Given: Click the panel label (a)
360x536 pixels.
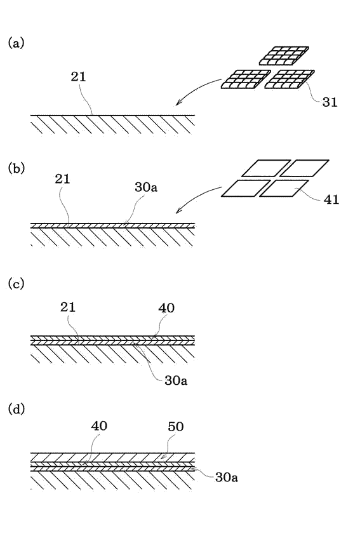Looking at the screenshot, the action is click(x=16, y=43).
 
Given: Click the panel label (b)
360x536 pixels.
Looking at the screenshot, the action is click(x=17, y=168).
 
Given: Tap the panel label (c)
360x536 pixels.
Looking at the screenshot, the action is click(x=16, y=284).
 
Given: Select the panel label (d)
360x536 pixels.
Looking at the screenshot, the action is click(x=17, y=409).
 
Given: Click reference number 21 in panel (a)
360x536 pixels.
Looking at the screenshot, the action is click(x=78, y=77).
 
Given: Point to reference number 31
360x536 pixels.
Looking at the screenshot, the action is click(x=330, y=102).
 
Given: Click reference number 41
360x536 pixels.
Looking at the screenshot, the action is click(x=331, y=199).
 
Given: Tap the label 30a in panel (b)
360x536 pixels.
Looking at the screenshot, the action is click(x=146, y=187).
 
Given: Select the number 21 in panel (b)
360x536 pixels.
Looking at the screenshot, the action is click(x=62, y=179).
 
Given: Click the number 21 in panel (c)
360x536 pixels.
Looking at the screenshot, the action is click(x=68, y=307).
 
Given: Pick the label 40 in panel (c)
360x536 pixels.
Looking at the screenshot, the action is click(x=166, y=308).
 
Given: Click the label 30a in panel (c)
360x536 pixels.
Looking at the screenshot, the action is click(x=176, y=380).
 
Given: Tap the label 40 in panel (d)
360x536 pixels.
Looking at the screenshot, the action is click(x=99, y=426).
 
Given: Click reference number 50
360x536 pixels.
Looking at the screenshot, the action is click(x=176, y=427).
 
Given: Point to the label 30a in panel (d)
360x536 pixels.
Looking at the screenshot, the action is click(x=227, y=477).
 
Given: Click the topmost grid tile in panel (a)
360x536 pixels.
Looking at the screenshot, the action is click(x=284, y=56).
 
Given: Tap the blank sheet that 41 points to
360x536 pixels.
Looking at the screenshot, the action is click(x=284, y=189).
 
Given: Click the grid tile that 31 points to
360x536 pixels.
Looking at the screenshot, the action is click(x=290, y=79).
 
